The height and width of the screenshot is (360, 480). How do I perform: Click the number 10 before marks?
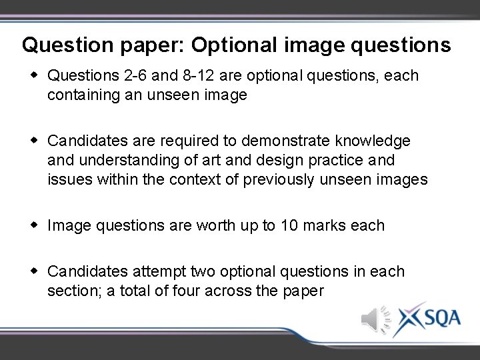click(289, 225)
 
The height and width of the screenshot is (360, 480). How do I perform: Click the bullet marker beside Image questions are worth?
click(34, 225)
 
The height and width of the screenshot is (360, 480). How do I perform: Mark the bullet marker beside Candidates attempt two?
click(34, 271)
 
